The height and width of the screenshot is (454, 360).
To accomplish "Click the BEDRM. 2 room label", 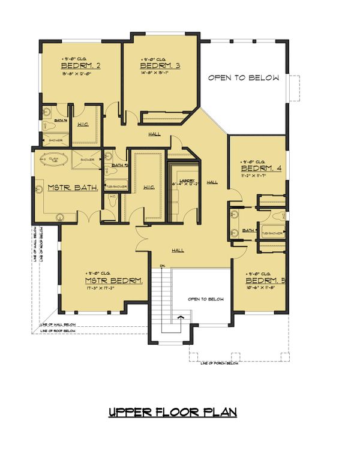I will [80, 66].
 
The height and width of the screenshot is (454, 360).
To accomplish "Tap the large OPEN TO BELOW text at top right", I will [244, 78].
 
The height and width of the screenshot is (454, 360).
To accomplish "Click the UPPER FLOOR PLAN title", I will [172, 413].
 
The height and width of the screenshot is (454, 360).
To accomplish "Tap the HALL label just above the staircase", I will [178, 250].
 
